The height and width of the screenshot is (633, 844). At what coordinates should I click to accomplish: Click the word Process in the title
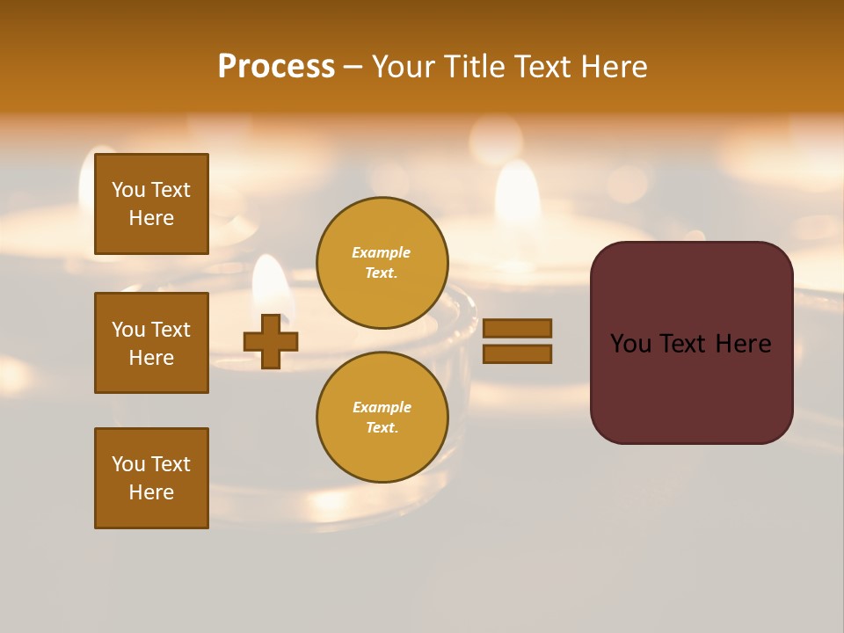pos(276,66)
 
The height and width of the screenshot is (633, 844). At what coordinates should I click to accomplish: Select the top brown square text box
pos(151,204)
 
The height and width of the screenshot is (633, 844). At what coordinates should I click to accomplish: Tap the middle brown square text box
pos(151,343)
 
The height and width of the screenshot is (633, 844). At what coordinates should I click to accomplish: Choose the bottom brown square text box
pos(151,478)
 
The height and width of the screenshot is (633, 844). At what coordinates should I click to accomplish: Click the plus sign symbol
pos(271,341)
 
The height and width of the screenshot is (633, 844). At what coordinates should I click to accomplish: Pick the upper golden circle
pos(382,262)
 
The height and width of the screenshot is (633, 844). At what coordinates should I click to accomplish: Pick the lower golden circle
pos(382,417)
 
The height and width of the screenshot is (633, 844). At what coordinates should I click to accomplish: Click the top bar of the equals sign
pos(517,328)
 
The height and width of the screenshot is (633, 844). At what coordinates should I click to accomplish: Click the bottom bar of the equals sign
pos(517,353)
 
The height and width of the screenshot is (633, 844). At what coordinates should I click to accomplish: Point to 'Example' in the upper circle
pos(382,252)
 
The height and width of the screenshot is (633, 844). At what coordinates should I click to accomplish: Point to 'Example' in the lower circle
pos(382,407)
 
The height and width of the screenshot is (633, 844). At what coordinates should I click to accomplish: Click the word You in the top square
pos(127,190)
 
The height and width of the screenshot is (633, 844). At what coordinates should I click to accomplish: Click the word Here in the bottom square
pos(151,492)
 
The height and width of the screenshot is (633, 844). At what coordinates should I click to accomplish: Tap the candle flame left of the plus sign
pos(271,281)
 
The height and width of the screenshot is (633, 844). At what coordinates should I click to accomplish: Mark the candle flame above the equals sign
pos(517,189)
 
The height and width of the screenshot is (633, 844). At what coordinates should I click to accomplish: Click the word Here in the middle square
pos(151,358)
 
